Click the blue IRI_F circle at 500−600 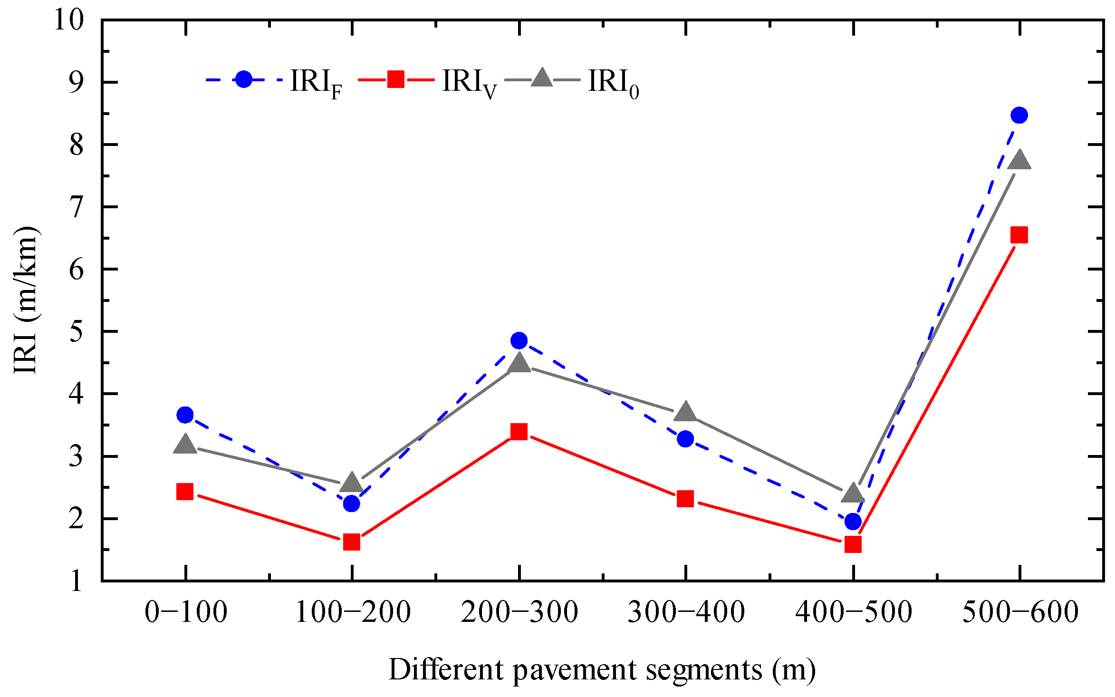pyautogui.click(x=1019, y=115)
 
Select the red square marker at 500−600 pyautogui.click(x=1019, y=235)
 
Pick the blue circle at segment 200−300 pyautogui.click(x=519, y=340)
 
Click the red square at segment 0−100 pyautogui.click(x=185, y=491)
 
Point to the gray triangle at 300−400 pyautogui.click(x=685, y=412)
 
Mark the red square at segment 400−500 pyautogui.click(x=853, y=544)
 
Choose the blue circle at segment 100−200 pyautogui.click(x=352, y=503)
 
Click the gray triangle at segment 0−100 pyautogui.click(x=185, y=445)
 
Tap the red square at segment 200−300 pyautogui.click(x=519, y=432)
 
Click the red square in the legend pyautogui.click(x=396, y=79)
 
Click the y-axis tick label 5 pyautogui.click(x=76, y=331)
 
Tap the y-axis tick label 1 pyautogui.click(x=76, y=581)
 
